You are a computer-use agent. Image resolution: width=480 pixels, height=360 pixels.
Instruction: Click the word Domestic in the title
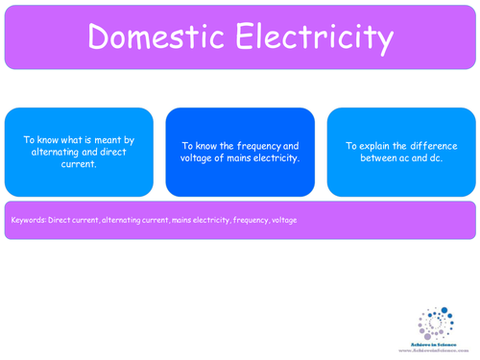click(x=153, y=38)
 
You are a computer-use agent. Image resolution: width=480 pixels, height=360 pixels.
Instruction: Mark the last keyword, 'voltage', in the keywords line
click(x=284, y=220)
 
